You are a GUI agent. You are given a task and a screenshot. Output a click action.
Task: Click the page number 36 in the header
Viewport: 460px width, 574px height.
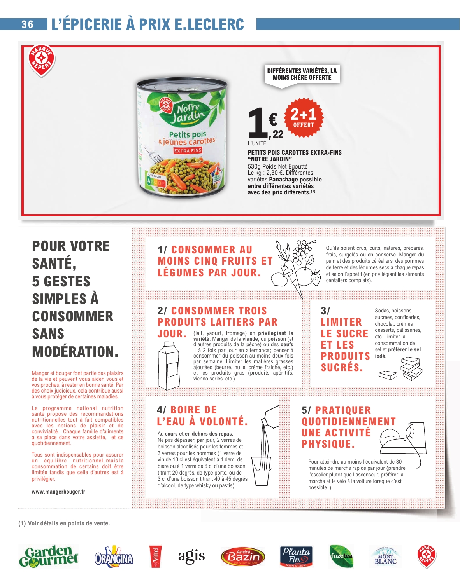28,24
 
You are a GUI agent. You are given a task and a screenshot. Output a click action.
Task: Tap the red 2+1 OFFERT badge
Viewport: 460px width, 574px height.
304,117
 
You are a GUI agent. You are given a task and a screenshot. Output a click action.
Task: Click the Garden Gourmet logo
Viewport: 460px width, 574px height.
49,556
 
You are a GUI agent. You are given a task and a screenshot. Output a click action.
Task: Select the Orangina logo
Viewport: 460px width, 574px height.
114,557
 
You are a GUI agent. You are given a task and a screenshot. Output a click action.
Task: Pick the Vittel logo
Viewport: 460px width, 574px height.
155,557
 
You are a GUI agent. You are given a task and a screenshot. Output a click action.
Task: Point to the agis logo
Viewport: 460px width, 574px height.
191,556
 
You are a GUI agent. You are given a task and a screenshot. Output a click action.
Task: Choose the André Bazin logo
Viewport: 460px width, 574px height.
242,557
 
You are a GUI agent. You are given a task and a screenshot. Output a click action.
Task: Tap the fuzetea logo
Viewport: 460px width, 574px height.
341,556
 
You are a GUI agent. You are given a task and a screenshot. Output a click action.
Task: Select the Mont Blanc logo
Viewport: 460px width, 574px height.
385,557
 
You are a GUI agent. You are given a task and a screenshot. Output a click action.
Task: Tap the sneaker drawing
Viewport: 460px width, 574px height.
405,441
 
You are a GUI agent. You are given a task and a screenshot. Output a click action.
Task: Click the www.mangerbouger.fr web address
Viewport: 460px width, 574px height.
58,492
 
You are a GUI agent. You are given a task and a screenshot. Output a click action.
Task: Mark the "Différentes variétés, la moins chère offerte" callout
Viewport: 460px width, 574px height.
302,74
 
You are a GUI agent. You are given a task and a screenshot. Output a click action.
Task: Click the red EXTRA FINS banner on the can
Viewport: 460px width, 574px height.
188,150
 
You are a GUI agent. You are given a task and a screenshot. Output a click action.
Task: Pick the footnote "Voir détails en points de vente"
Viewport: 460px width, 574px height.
64,523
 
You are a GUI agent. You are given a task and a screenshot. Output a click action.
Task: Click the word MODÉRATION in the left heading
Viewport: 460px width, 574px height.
75,352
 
